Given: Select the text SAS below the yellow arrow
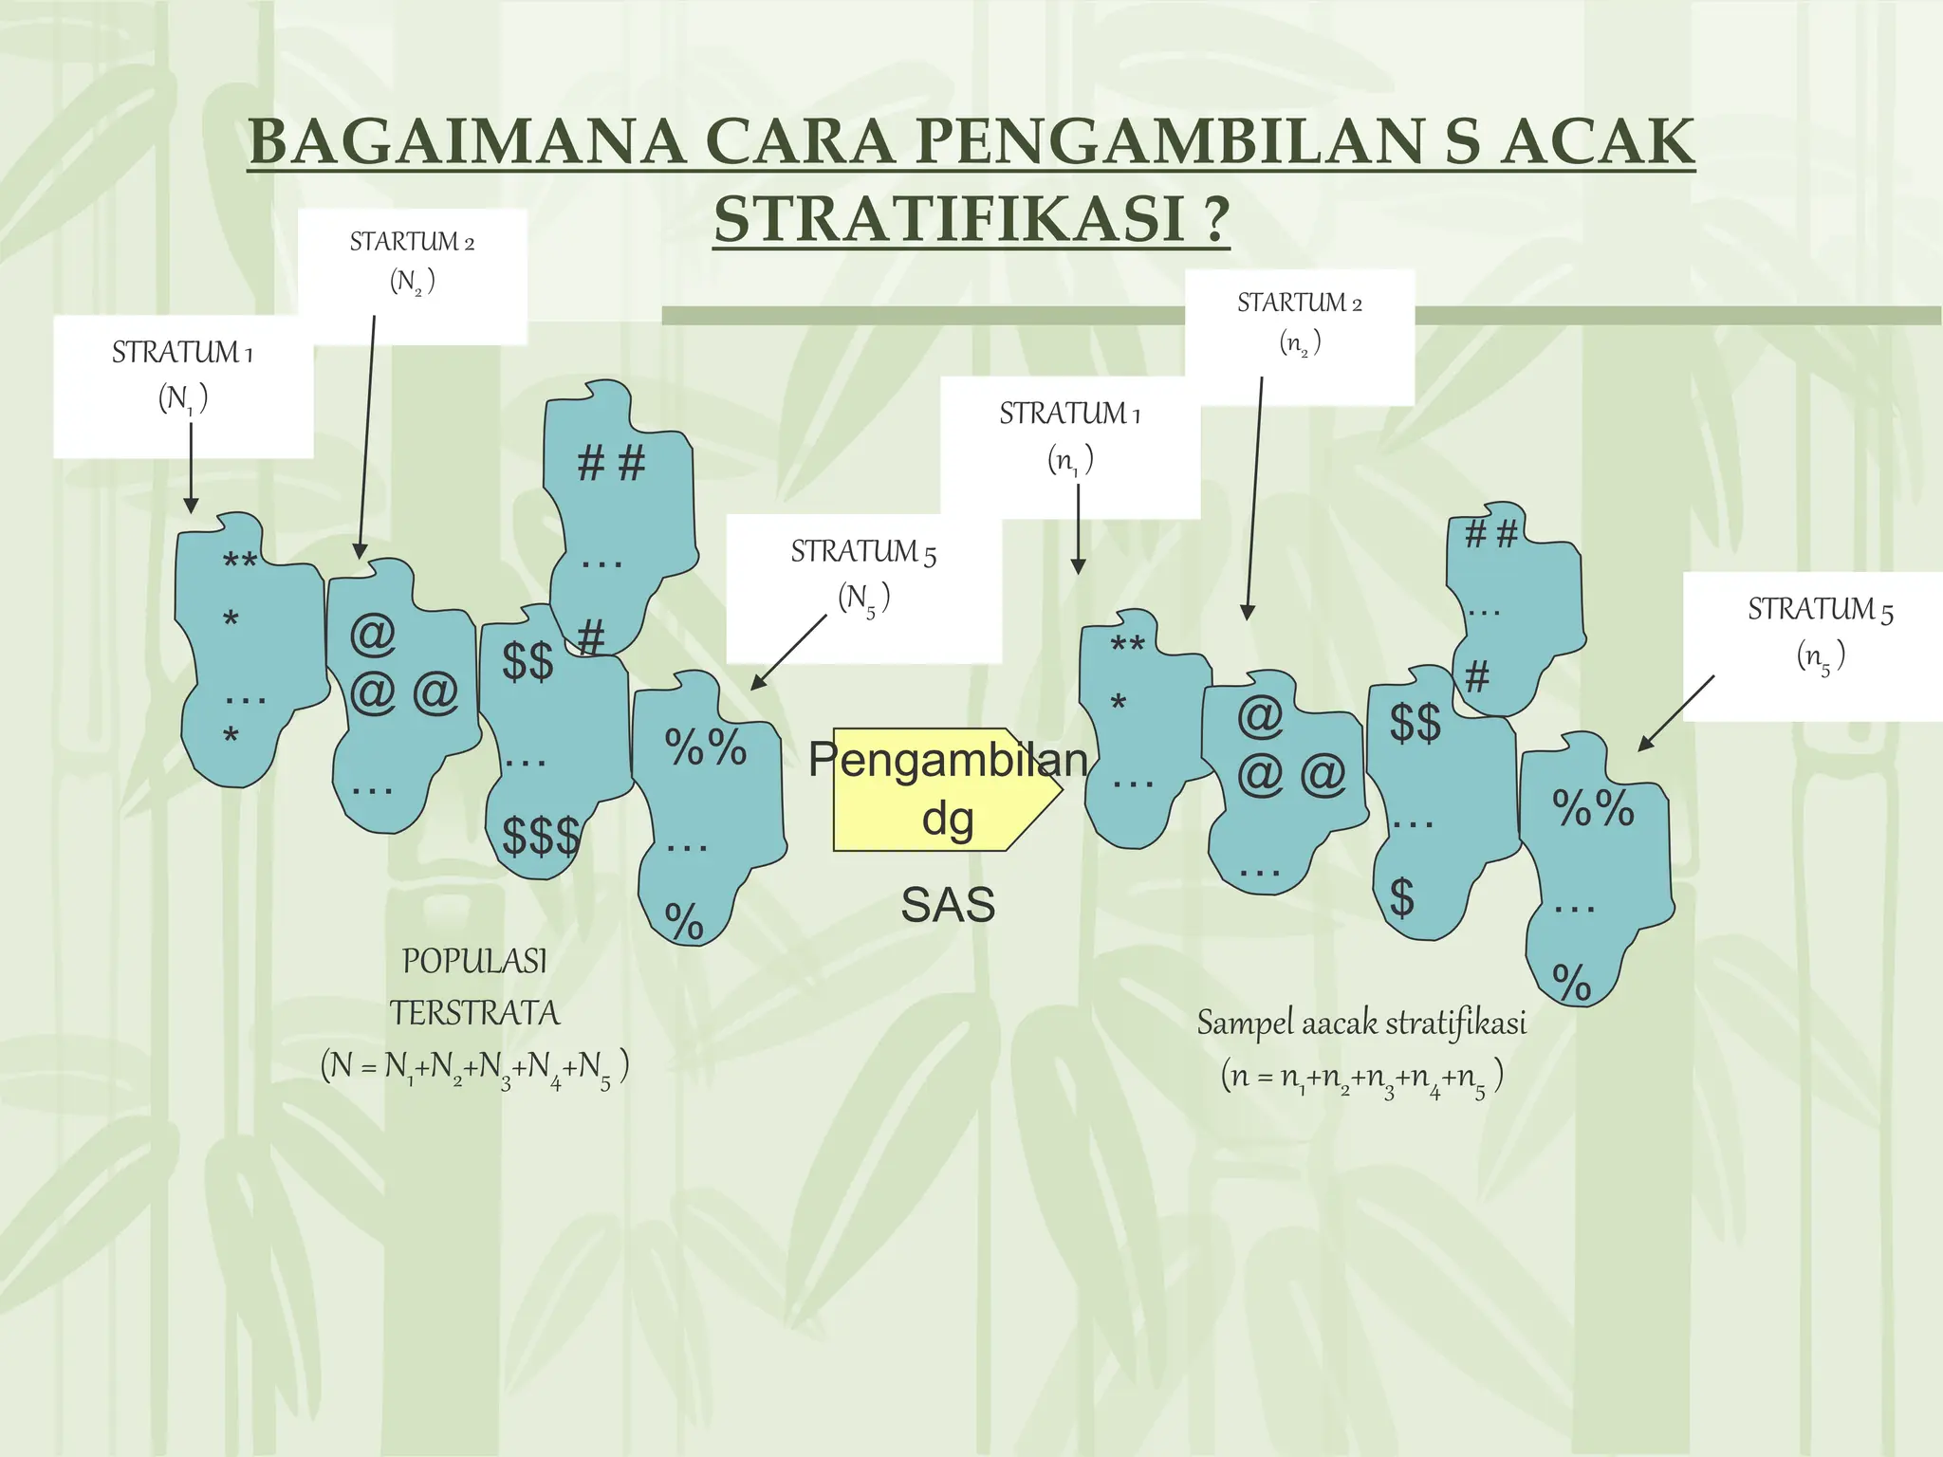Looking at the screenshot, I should pyautogui.click(x=948, y=905).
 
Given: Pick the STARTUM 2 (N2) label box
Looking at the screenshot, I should pyautogui.click(x=412, y=262).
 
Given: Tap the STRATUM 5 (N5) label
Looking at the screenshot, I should pyautogui.click(x=863, y=575).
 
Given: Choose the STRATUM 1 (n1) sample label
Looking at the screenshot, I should pyautogui.click(x=1070, y=436).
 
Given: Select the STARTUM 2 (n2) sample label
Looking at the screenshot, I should pyautogui.click(x=1299, y=323).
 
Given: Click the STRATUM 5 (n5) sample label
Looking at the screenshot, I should pyautogui.click(x=1820, y=632).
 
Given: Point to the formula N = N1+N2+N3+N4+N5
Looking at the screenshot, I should pyautogui.click(x=474, y=1068).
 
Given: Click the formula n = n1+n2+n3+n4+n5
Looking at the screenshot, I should pyautogui.click(x=1361, y=1079).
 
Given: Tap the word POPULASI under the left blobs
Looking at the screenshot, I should pyautogui.click(x=474, y=962).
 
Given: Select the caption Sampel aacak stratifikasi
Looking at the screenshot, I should pyautogui.click(x=1361, y=1024).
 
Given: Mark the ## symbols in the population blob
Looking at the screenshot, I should pyautogui.click(x=611, y=465).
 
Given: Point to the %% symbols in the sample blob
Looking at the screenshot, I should pyautogui.click(x=1593, y=808).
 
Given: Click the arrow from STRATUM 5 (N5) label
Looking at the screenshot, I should pyautogui.click(x=789, y=652).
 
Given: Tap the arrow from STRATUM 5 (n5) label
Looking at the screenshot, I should pyautogui.click(x=1676, y=713).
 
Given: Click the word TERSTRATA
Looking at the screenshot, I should pyautogui.click(x=474, y=1013).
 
